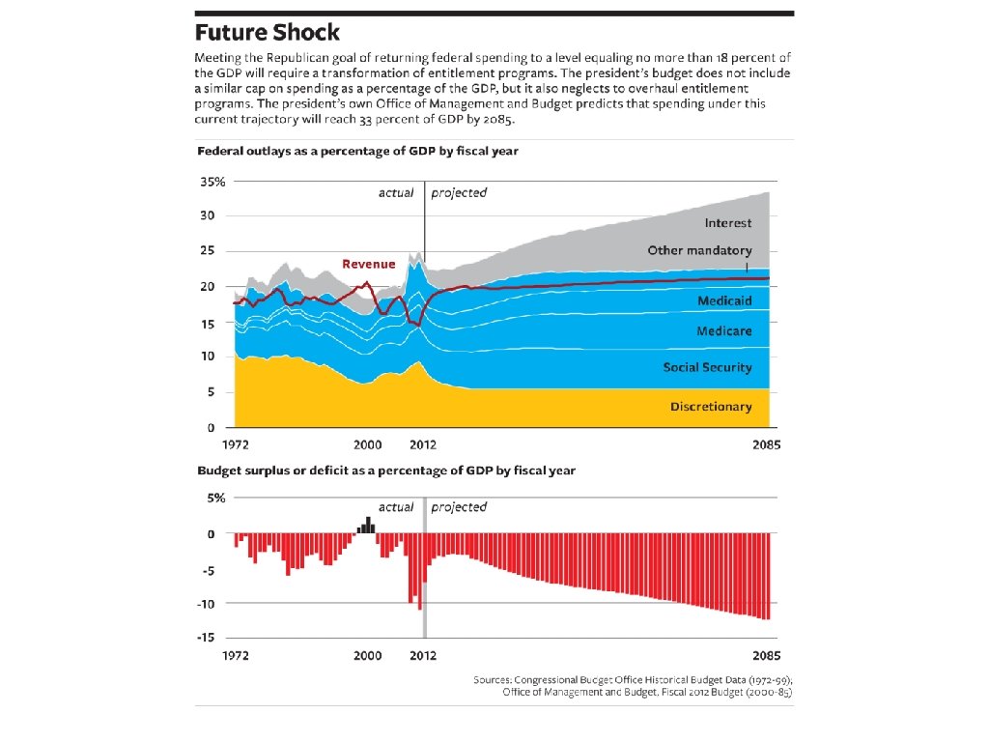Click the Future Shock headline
coord(268,33)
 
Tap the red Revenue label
coord(369,264)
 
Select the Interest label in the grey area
coord(728,223)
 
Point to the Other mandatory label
coord(699,251)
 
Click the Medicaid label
coord(724,301)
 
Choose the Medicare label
coord(724,331)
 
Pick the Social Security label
coord(707,368)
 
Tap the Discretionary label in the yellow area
coord(711,407)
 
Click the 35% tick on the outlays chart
coord(212,182)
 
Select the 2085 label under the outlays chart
coord(765,446)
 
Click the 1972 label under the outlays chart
coord(236,446)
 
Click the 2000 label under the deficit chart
coord(368,655)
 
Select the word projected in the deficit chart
coord(459,507)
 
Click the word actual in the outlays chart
coord(396,192)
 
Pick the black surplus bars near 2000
coord(367,526)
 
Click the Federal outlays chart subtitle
coord(358,152)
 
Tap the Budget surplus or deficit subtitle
coord(386,471)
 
